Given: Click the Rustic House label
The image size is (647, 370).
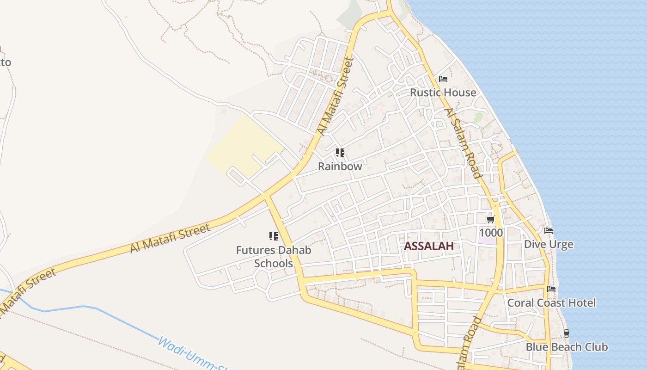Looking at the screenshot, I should (443, 92).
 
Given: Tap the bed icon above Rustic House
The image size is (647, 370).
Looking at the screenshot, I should (443, 79).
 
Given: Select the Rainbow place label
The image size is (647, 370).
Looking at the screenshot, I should (340, 166).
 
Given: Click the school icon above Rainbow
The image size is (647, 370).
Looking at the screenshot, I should (340, 153).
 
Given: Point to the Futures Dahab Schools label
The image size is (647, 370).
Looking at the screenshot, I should (274, 257).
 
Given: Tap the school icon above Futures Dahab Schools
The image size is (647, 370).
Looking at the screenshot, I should (274, 237).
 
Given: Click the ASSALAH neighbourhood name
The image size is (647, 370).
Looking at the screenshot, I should (429, 246).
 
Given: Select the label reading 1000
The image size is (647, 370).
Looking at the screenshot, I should (491, 232).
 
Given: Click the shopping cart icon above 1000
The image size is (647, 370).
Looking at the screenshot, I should (491, 219).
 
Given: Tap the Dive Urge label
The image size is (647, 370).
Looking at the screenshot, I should (549, 244).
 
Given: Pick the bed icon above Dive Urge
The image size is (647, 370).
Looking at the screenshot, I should (549, 231).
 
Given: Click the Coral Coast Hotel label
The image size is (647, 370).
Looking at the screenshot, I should (551, 303).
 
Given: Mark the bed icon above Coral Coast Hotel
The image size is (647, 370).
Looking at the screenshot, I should (551, 290).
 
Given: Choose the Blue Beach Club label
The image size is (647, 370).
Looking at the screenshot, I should (567, 347).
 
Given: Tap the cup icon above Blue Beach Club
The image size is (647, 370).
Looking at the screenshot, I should (567, 333).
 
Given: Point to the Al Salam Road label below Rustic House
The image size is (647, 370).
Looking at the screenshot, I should (463, 143).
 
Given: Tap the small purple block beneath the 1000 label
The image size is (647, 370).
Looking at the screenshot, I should (487, 240).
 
